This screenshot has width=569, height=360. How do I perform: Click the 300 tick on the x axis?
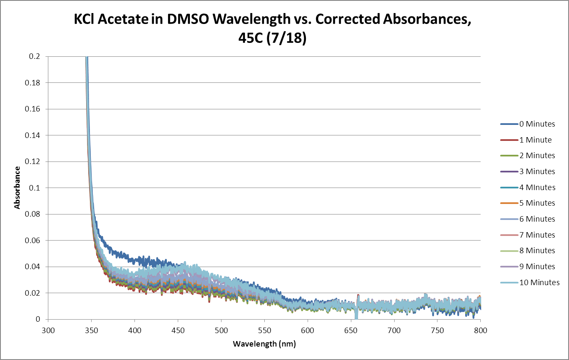point(48,331)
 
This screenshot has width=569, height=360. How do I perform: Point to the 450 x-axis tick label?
point(178,331)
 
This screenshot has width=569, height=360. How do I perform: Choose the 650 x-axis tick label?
point(351,331)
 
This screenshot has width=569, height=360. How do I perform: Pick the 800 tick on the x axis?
point(480,331)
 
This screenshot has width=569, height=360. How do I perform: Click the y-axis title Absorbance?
point(17,188)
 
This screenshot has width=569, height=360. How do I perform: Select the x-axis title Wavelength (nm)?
point(264,344)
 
